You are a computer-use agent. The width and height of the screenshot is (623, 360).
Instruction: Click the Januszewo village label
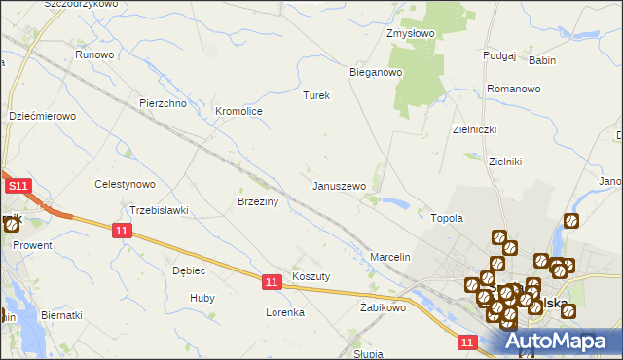(x=339, y=185)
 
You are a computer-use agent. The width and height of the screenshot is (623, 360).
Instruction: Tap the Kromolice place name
(x=238, y=112)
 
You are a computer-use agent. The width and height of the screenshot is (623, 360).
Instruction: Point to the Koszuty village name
(x=311, y=276)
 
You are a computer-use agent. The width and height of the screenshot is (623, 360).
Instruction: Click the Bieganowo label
(x=376, y=72)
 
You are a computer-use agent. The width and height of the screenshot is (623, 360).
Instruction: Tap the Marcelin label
(x=391, y=257)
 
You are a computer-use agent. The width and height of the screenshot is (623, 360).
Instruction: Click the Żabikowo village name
(x=382, y=307)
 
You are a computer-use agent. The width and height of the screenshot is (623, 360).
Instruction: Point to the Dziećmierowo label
(x=42, y=116)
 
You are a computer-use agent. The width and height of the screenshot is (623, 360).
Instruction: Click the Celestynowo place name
(x=125, y=184)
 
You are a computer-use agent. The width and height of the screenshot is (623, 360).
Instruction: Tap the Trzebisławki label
(x=159, y=210)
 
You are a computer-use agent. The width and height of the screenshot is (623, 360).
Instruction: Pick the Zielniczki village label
(x=475, y=129)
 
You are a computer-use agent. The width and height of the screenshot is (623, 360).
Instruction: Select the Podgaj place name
(x=498, y=55)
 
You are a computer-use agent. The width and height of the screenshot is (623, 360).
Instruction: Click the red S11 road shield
(x=18, y=185)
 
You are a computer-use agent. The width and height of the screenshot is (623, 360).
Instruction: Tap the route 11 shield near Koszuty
(x=272, y=281)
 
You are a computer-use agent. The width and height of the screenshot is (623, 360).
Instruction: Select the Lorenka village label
(x=286, y=313)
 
